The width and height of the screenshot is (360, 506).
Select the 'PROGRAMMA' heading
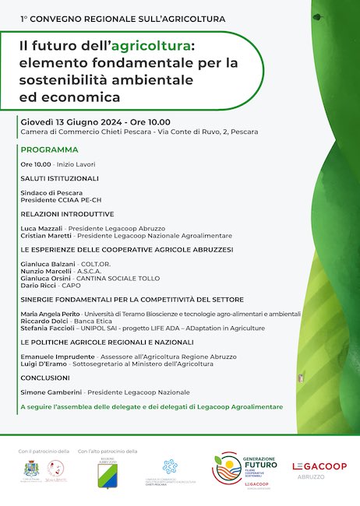50,149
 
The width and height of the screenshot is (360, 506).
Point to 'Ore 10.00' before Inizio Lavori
36,164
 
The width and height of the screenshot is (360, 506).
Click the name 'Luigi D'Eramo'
44,364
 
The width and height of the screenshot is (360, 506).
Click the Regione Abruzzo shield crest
108,475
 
